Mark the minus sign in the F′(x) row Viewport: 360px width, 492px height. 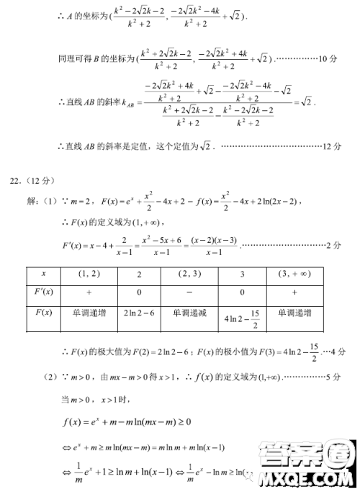click(x=192, y=292)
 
